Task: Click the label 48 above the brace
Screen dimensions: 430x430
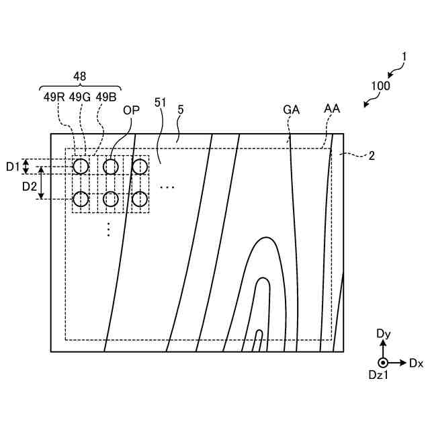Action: (79, 77)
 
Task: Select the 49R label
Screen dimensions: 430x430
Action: (54, 96)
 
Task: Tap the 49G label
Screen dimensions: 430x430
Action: (79, 96)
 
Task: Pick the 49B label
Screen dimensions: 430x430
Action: (105, 96)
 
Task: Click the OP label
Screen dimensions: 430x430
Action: (132, 110)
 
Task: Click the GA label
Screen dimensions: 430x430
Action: (292, 110)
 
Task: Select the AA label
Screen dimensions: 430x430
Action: (332, 108)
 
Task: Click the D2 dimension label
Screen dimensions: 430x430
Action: (30, 185)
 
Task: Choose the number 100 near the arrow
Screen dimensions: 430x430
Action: (380, 86)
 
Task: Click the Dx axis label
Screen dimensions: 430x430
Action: (416, 363)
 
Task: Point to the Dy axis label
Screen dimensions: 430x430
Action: (383, 333)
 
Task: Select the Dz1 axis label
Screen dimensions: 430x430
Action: (378, 377)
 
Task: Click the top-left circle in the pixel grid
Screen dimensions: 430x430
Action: (81, 166)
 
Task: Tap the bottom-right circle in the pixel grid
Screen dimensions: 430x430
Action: (139, 199)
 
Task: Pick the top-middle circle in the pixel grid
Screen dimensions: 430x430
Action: (110, 166)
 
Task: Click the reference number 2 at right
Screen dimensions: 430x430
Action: (371, 155)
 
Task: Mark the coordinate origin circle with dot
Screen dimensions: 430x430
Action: (383, 363)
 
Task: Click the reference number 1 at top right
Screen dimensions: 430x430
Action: (403, 58)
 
